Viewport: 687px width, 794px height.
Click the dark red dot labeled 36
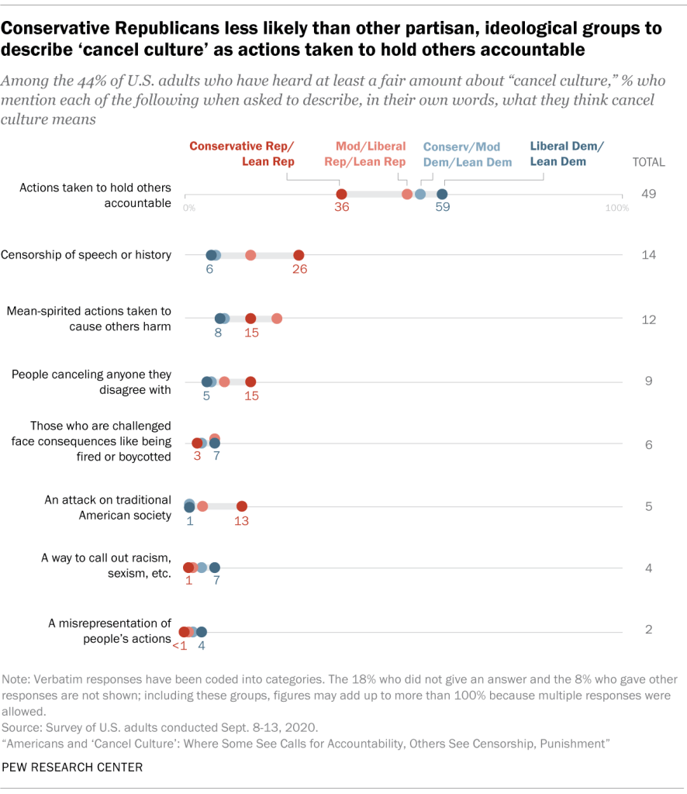pyautogui.click(x=341, y=194)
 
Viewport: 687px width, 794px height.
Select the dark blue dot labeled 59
pyautogui.click(x=442, y=194)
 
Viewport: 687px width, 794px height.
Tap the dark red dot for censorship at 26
pyautogui.click(x=299, y=255)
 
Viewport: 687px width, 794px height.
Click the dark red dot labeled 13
pyautogui.click(x=242, y=506)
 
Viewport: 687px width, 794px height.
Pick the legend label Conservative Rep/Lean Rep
pyautogui.click(x=242, y=154)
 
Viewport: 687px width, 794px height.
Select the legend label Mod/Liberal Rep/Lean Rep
pyautogui.click(x=371, y=154)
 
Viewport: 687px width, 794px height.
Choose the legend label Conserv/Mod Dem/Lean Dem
pyautogui.click(x=462, y=154)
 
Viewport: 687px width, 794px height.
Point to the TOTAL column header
pyautogui.click(x=648, y=162)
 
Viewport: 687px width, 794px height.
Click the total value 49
pyautogui.click(x=649, y=194)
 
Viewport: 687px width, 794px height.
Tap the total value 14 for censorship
pyautogui.click(x=649, y=255)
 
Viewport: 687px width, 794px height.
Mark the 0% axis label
pyautogui.click(x=189, y=209)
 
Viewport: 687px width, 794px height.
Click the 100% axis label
pyautogui.click(x=617, y=209)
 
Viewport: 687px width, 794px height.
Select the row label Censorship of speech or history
pyautogui.click(x=86, y=255)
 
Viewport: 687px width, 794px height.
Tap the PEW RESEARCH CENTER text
pyautogui.click(x=72, y=767)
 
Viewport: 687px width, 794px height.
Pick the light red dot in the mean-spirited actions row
pyautogui.click(x=277, y=318)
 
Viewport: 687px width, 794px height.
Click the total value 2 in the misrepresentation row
pyautogui.click(x=649, y=630)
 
